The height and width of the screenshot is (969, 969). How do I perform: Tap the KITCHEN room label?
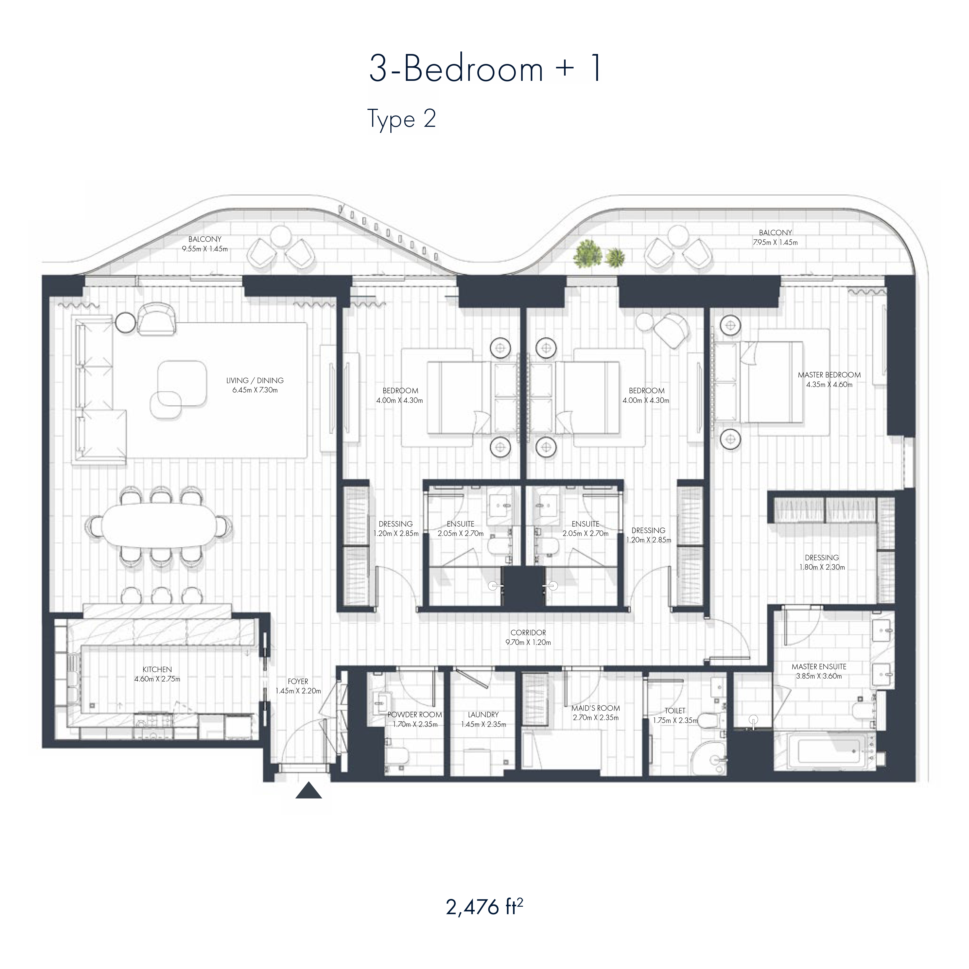(x=157, y=669)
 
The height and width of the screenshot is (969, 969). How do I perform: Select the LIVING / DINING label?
(x=255, y=381)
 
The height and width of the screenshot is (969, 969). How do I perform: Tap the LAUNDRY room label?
(x=483, y=715)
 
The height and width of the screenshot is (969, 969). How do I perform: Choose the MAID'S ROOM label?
(x=595, y=708)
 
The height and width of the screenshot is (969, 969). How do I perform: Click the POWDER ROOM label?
(x=415, y=715)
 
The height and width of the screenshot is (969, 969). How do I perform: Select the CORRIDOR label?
(x=528, y=633)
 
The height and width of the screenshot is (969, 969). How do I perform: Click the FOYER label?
(x=298, y=682)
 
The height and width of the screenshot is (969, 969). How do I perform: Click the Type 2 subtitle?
(x=402, y=119)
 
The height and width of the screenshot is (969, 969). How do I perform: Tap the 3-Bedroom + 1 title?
(x=485, y=69)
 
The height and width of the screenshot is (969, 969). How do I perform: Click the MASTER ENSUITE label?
(x=819, y=667)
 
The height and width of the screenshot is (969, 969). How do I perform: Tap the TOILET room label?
(x=675, y=711)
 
